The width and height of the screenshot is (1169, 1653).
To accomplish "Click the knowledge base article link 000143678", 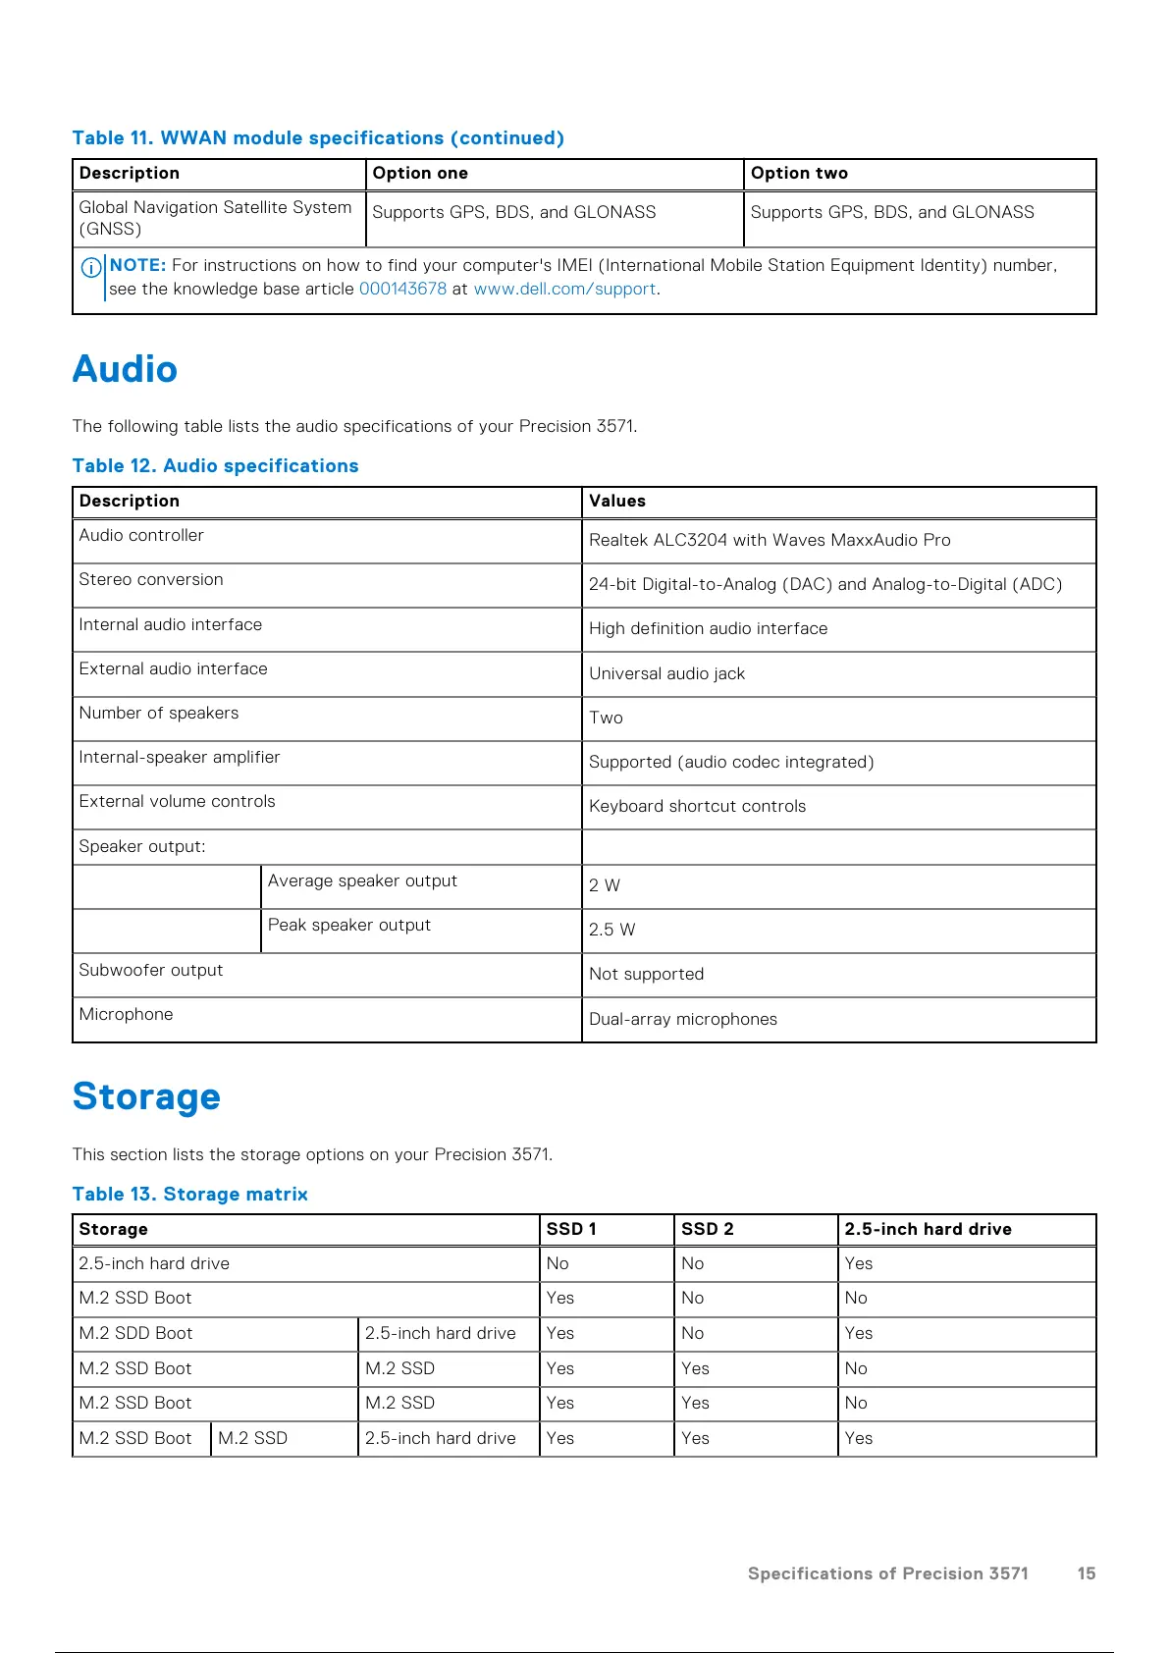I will (402, 289).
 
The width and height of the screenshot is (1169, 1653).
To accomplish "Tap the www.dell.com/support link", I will (564, 289).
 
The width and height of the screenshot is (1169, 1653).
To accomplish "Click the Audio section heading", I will (125, 369).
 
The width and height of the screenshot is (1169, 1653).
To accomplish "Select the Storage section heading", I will (146, 1096).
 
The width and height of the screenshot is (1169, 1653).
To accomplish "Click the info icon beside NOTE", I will (91, 267).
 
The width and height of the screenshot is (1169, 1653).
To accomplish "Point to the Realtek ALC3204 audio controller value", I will (770, 540).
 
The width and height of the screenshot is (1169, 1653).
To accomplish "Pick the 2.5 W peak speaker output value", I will (611, 930).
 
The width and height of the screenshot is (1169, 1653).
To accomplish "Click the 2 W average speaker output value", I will (605, 885).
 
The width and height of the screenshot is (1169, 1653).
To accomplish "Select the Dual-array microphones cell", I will (683, 1019).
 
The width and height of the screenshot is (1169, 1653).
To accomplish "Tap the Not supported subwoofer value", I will (646, 974).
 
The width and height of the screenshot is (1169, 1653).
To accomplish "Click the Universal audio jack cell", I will (666, 673).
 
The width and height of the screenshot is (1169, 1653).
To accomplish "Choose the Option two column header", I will (799, 173).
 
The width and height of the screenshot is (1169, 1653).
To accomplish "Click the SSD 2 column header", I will (707, 1229).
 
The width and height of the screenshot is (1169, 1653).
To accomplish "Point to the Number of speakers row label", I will (159, 713).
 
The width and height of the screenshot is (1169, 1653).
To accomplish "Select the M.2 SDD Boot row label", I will (135, 1333).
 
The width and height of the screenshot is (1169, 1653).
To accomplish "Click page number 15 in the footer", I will (1086, 1573).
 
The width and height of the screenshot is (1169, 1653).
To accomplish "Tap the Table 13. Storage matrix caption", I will (189, 1194).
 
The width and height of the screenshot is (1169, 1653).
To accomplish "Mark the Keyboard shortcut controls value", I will (697, 806).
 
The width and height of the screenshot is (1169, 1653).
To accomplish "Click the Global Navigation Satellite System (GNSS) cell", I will (215, 218).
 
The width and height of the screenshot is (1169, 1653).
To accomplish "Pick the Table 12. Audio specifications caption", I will (215, 465).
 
